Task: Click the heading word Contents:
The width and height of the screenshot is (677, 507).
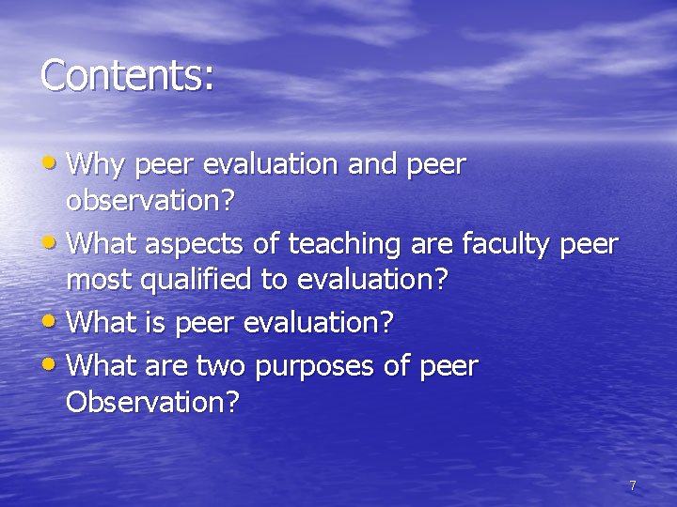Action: [127, 75]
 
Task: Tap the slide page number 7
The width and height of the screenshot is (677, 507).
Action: [632, 485]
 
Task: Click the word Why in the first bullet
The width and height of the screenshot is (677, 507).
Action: [99, 165]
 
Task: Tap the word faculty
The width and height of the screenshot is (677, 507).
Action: [507, 244]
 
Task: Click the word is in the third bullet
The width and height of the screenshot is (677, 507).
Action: [154, 324]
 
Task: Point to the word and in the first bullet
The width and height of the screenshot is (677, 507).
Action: [373, 165]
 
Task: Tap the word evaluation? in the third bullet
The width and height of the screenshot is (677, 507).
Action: [319, 324]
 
